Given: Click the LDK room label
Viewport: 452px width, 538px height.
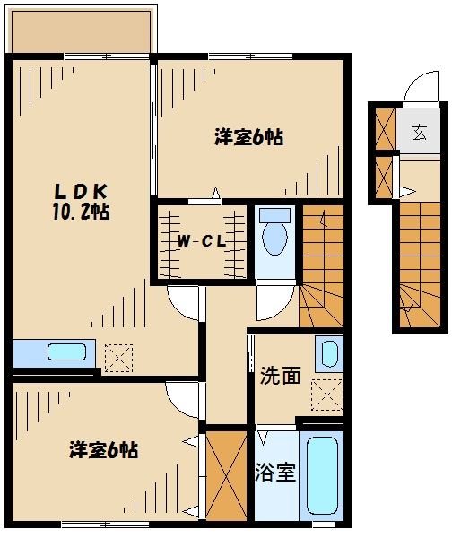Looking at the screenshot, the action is point(81,192).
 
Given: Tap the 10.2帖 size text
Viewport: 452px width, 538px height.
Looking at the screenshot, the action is point(81,212).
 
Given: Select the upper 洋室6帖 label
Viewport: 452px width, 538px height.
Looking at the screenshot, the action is point(248,137).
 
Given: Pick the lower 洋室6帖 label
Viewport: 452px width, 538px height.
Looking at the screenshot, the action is point(104,450).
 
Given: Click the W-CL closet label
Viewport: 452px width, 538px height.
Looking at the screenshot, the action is point(202,241).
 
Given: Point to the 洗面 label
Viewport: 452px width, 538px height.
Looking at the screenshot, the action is point(280,375).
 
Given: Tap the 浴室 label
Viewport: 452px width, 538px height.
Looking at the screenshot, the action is point(275,473).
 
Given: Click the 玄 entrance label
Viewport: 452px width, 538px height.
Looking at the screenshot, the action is point(419,132).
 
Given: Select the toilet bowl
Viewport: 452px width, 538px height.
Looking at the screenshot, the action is point(274,238).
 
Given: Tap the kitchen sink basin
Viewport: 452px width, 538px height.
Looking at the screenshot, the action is point(66,351).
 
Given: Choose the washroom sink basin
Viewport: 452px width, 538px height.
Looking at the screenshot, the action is point(329,354).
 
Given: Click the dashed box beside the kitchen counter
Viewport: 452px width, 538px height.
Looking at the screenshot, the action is point(118,358).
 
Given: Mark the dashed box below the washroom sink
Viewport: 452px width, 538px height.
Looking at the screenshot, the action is point(326,395).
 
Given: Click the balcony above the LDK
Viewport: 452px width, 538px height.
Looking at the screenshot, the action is point(81,30).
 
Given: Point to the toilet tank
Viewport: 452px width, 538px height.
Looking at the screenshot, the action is point(274,215).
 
